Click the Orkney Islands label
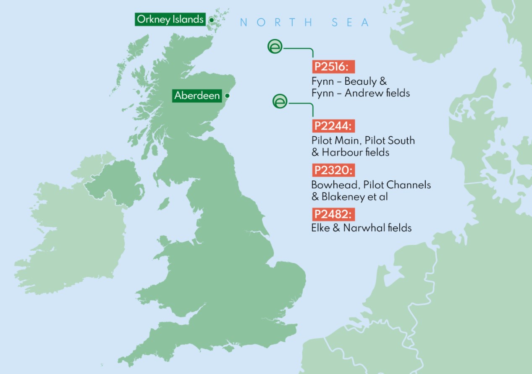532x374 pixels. tap(170, 19)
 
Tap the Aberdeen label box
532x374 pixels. tap(197, 96)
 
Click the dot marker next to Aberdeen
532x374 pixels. tap(227, 96)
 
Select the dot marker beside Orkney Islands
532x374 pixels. tap(211, 19)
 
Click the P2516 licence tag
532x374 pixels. tap(333, 67)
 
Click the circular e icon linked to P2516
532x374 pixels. tap(275, 46)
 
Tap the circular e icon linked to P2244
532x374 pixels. tap(280, 101)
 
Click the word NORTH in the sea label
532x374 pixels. tap(276, 22)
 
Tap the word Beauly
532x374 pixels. tap(360, 81)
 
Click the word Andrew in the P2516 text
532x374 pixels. tap(358, 93)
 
